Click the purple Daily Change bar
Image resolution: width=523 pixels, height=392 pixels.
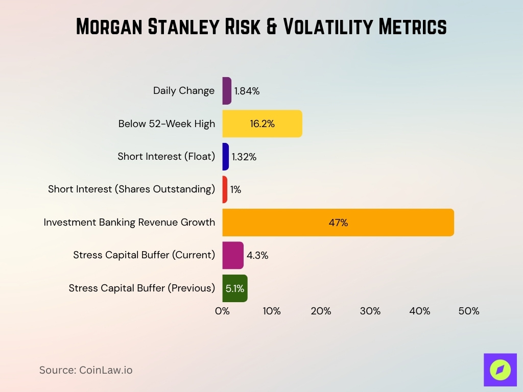point(227,91)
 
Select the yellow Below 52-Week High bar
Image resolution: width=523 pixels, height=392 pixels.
point(262,124)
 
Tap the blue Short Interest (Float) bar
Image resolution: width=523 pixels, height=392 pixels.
point(226,157)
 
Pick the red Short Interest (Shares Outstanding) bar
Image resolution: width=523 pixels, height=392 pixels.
point(225,189)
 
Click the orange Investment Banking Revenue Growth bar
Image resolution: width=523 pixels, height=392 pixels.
point(338,223)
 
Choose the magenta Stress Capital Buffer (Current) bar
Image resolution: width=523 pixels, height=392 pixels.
point(233,255)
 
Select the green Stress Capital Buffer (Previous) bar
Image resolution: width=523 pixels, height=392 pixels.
point(235,288)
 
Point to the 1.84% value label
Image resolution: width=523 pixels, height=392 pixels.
point(247,91)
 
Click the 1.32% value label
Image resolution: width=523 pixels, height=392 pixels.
point(244,157)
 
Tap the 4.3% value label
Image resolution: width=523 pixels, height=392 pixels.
point(257,256)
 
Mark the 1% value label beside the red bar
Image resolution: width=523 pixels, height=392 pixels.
point(235,190)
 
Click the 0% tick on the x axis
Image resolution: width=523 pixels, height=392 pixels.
point(222,311)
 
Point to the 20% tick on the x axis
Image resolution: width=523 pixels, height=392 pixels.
point(321,311)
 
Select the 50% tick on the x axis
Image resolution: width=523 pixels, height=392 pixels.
point(469,311)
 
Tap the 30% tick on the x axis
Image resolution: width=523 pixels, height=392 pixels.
point(370,311)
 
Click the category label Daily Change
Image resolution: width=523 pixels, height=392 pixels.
point(184,91)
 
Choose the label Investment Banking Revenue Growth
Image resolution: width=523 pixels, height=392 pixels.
point(129,223)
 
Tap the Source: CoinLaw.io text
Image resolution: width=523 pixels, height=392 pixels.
point(86,370)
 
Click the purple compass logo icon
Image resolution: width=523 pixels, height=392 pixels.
point(500,370)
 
